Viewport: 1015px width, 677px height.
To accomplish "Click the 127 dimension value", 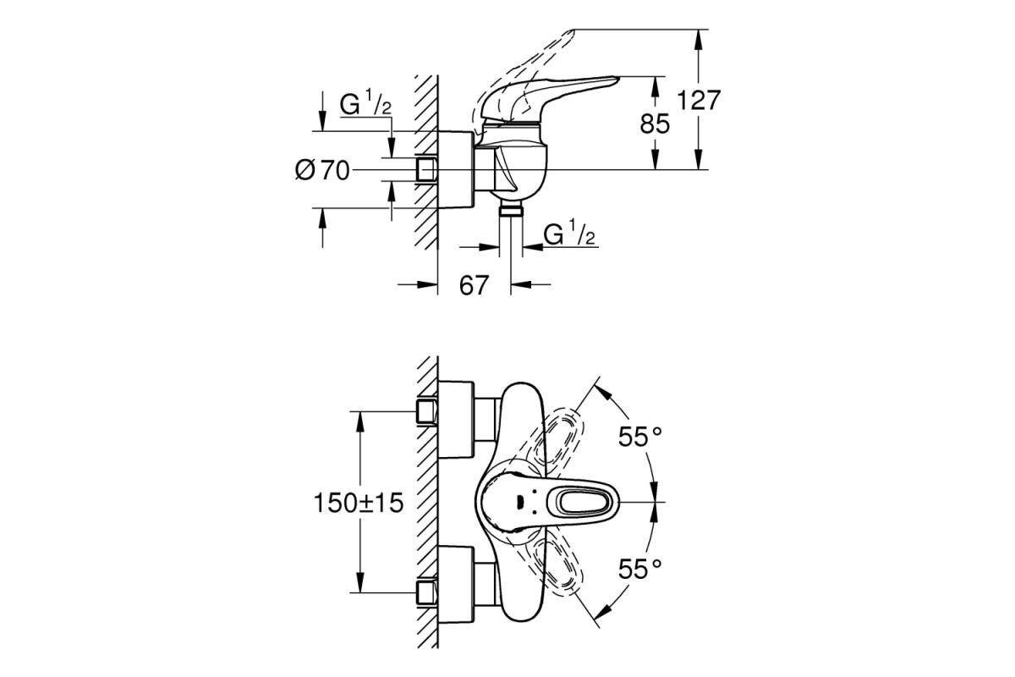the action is [699, 100].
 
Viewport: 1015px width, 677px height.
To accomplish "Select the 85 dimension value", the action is [655, 124].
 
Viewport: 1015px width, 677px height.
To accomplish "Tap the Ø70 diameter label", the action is [322, 170].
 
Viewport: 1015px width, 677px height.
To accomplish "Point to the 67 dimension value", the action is [474, 286].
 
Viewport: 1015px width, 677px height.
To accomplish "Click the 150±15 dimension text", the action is [359, 503].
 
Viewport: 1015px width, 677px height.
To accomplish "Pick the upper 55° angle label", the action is [640, 437].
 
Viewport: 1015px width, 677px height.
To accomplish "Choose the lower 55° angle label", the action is [640, 569].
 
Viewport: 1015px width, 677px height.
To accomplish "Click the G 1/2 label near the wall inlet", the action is [365, 102].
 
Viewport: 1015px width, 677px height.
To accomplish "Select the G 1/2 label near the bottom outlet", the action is [569, 233].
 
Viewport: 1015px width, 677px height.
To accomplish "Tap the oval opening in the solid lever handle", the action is [583, 503].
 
